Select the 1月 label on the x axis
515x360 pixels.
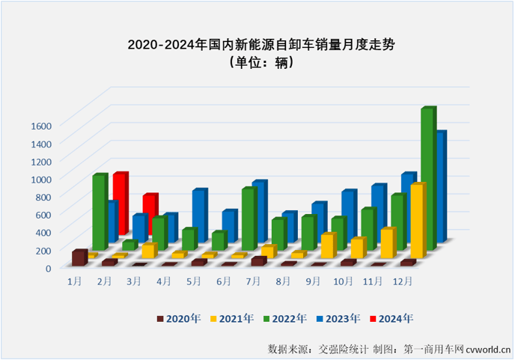75,281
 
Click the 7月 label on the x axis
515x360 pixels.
253,281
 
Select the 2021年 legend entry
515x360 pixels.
234,318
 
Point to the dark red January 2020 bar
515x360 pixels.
78,258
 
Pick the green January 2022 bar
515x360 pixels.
99,213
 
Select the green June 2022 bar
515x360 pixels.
218,241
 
